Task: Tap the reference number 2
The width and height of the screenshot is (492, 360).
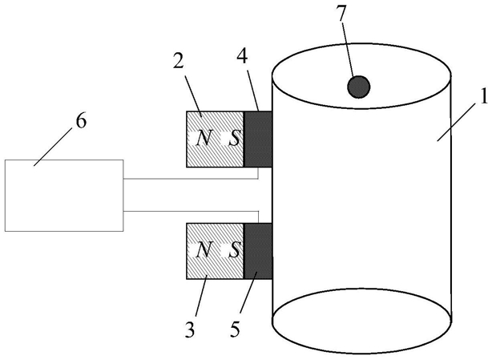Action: point(178,61)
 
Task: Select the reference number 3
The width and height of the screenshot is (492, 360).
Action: point(190,330)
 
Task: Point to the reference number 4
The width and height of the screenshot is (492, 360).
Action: point(242,57)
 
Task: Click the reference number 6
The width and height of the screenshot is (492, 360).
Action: point(81,121)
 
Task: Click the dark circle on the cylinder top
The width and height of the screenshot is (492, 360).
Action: point(359,87)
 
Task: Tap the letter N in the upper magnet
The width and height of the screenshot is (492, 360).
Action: point(204,138)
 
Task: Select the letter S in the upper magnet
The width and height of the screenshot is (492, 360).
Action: point(234,139)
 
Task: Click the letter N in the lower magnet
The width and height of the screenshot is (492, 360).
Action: point(204,250)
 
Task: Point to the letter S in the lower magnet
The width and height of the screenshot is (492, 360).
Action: point(234,250)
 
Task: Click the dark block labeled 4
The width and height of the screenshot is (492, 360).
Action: point(258,139)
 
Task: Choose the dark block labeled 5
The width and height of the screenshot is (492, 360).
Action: point(258,251)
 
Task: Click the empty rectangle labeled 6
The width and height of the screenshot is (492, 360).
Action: point(64,196)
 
